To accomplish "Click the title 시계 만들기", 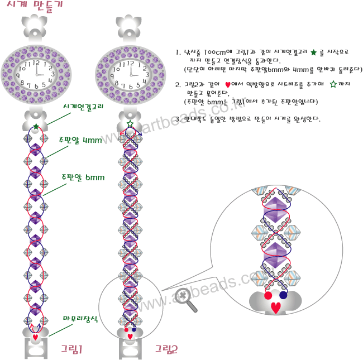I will pos(35,6).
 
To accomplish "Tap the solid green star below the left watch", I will pos(36,127).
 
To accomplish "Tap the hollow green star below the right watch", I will pos(130,124).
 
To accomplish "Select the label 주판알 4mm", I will pos(80,140).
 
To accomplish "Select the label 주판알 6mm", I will pos(83,177).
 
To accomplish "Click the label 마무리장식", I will pos(81,319).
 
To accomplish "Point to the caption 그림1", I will pos(73,349).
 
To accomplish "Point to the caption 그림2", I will pos(167,349).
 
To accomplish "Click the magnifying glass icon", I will pos(186,299).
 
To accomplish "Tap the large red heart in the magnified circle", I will pos(276,307).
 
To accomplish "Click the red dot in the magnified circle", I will pos(268,295).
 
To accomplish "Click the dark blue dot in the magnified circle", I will pos(283,295).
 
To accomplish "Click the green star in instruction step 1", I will pos(314,52).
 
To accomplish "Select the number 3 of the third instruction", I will pos(178,119).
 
